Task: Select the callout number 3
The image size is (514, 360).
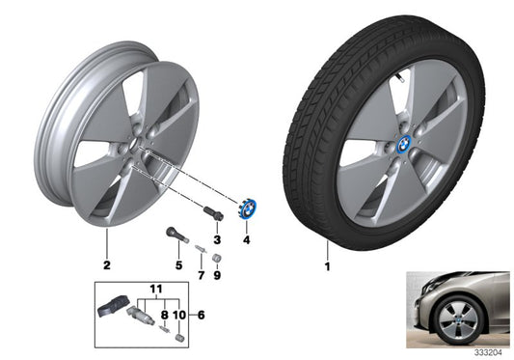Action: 218,237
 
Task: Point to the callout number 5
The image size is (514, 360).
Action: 177,263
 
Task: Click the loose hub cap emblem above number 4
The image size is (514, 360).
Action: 246,208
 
